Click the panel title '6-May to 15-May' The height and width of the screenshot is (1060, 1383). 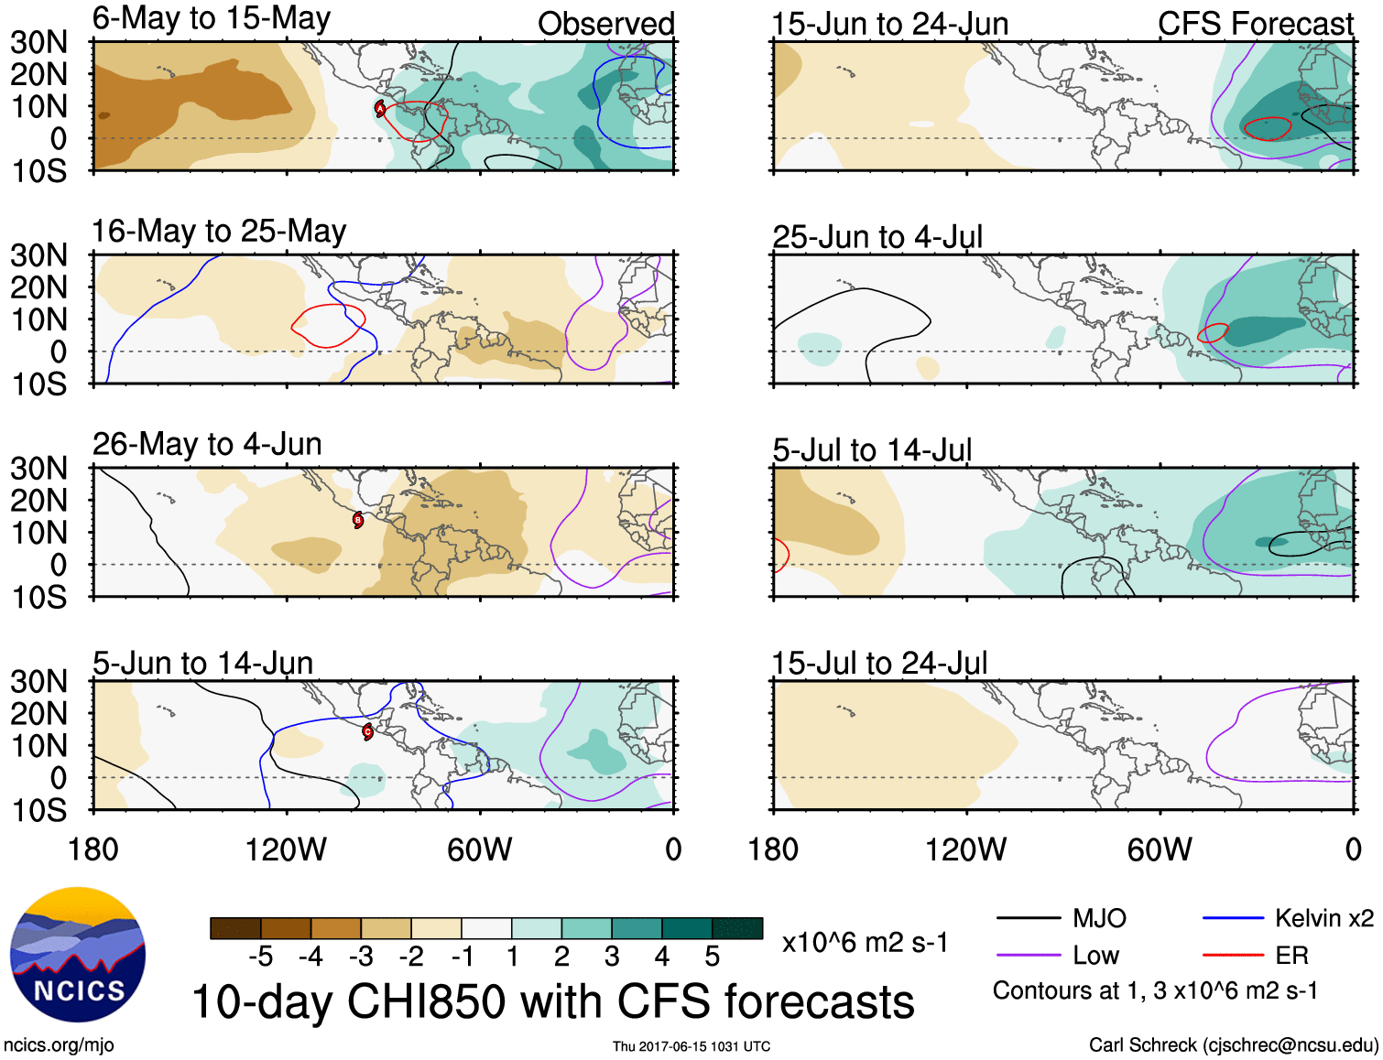(211, 18)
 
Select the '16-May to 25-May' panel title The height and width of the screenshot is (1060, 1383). (219, 231)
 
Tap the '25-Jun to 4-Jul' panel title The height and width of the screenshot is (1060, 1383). (877, 237)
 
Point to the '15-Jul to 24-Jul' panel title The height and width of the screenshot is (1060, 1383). (879, 663)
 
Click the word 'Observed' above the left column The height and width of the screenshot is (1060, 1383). (605, 24)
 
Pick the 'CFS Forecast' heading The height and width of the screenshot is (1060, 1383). (1255, 24)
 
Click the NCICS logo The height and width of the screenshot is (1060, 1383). (78, 955)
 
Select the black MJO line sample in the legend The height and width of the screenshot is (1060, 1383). (1028, 918)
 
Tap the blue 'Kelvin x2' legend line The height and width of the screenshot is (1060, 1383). (1233, 918)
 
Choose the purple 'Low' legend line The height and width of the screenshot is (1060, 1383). (1028, 956)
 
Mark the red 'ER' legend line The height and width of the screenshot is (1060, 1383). (1233, 956)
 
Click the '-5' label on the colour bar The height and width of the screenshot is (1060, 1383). (260, 957)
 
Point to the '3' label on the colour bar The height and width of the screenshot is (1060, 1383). (612, 957)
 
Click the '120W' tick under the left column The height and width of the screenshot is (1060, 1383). (286, 849)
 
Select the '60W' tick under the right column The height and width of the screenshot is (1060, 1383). (1160, 849)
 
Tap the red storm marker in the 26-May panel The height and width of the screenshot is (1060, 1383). (358, 520)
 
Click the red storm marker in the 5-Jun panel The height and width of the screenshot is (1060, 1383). (367, 731)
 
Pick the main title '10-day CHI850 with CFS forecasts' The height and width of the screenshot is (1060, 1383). (553, 1001)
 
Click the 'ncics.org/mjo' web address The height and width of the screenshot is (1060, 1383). (59, 1045)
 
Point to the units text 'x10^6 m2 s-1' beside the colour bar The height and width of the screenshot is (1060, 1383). (865, 942)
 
